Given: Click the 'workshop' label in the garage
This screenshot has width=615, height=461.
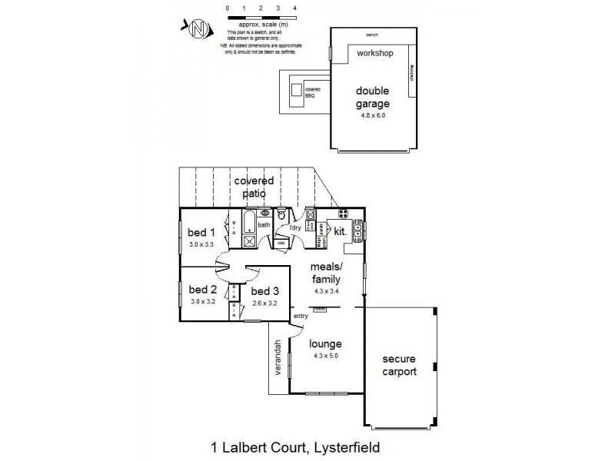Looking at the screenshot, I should pyautogui.click(x=374, y=54).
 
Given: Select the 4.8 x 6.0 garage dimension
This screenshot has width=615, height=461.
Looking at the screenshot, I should pyautogui.click(x=373, y=116).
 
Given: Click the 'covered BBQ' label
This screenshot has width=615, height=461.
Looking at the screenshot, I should pyautogui.click(x=312, y=93).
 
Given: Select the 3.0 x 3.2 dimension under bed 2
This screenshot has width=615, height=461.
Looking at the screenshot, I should pyautogui.click(x=203, y=303).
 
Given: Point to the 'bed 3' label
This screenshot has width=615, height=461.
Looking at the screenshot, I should pyautogui.click(x=264, y=291).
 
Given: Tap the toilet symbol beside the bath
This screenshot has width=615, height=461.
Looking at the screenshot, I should pyautogui.click(x=282, y=216).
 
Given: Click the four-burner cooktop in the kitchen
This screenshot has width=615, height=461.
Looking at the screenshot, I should pyautogui.click(x=342, y=214).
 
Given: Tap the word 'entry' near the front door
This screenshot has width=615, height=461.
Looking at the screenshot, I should pyautogui.click(x=300, y=317).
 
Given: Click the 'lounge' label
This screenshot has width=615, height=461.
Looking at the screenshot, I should pyautogui.click(x=325, y=344).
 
